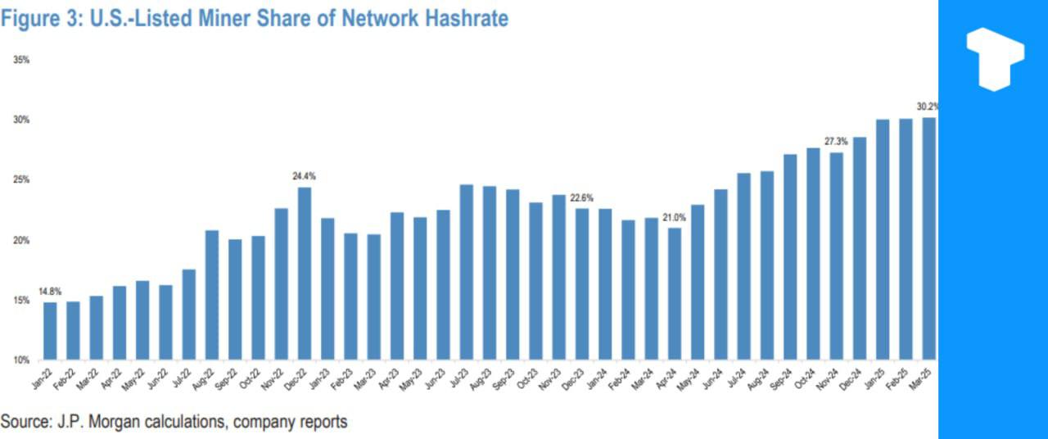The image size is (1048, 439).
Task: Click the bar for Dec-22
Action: [x=304, y=274]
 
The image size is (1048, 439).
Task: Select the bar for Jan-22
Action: [x=50, y=331]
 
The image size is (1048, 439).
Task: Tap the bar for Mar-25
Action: [x=928, y=238]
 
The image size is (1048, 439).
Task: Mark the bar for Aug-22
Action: [x=211, y=295]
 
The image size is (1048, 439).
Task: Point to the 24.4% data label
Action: [x=304, y=176]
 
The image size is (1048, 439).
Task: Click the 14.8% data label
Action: [x=50, y=292]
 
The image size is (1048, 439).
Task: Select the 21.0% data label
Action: [x=674, y=217]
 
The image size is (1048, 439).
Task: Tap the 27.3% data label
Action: [x=836, y=142]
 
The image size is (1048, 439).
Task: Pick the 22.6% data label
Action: [x=581, y=197]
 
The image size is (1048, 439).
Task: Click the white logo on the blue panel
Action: [x=994, y=58]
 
